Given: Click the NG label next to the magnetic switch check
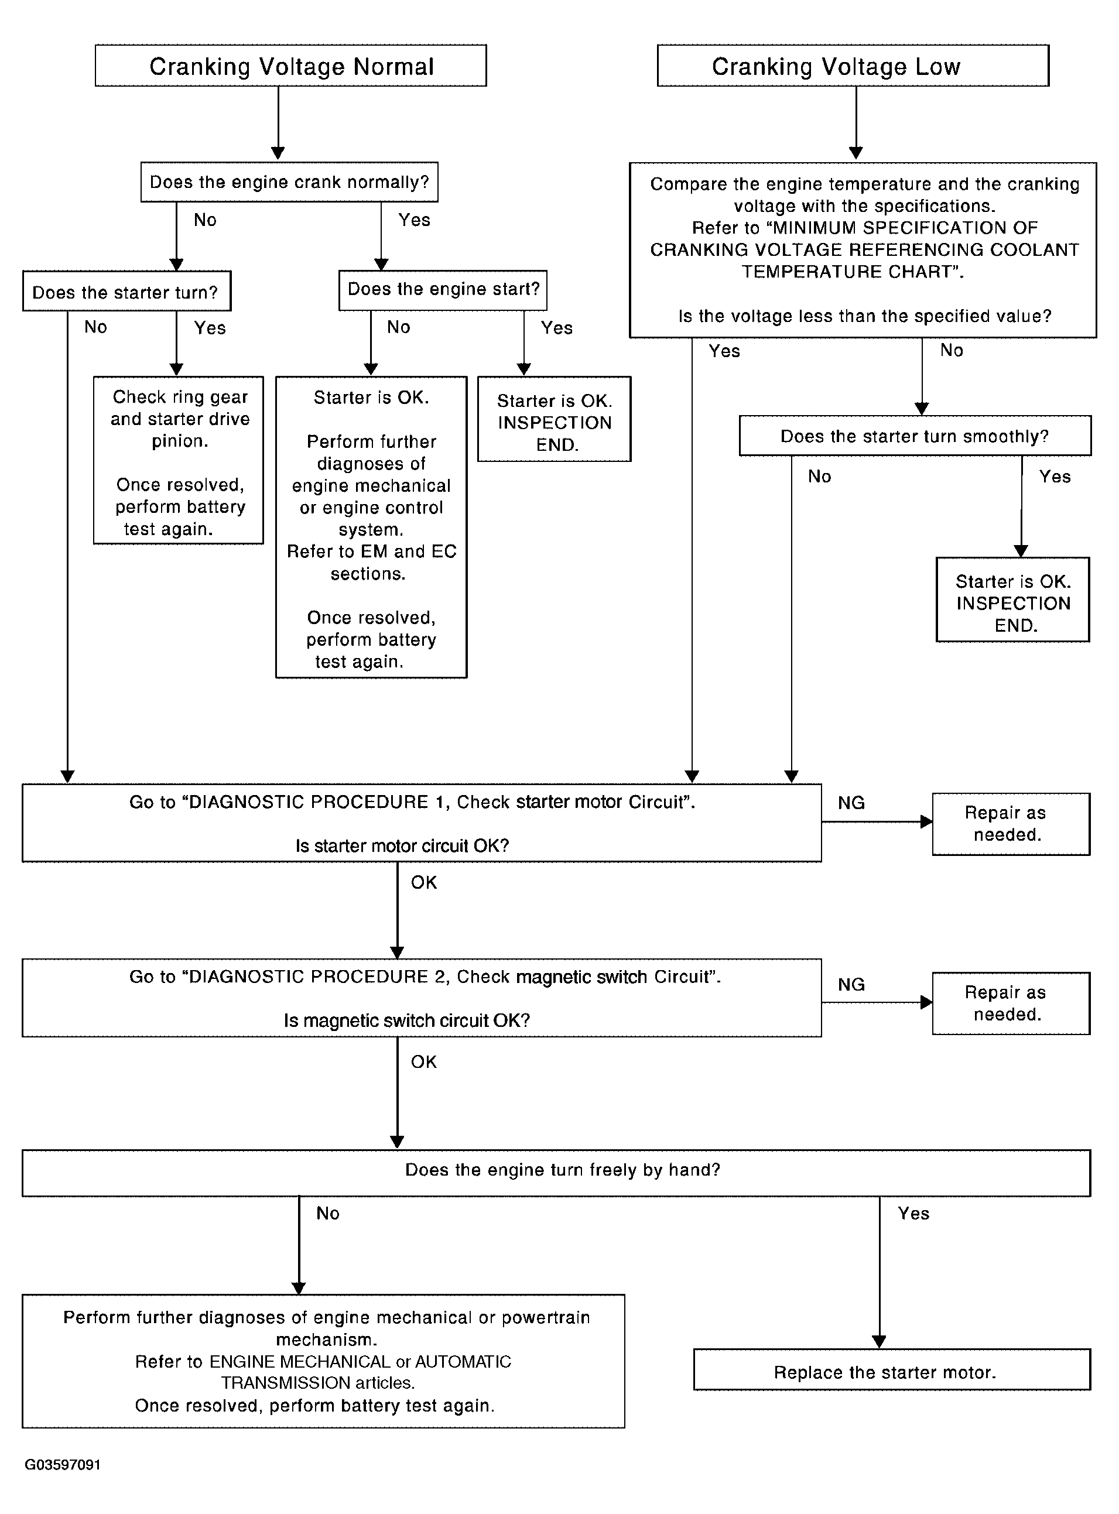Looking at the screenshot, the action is [x=851, y=985].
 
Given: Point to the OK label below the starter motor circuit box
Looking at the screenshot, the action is [x=424, y=883].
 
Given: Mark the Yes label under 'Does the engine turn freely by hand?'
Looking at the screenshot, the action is [x=913, y=1214].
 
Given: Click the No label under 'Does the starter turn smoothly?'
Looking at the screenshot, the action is [x=820, y=477].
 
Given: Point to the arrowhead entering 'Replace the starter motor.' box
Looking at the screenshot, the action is [x=880, y=1342].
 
